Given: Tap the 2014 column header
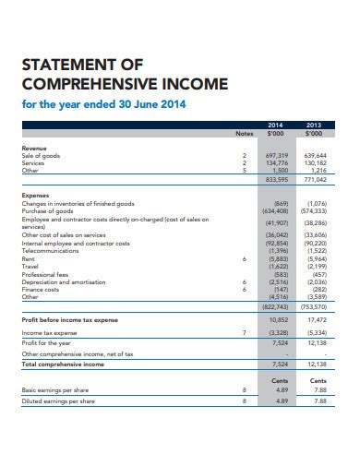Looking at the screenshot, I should tap(276, 124).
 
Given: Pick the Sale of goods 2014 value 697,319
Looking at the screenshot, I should tap(276, 155).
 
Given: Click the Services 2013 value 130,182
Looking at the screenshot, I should tap(317, 162).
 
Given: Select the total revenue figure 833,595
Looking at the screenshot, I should tap(276, 179).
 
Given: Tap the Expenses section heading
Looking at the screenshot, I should tap(36, 197).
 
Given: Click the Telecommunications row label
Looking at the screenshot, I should tap(50, 249).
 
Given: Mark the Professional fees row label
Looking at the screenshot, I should tap(45, 275).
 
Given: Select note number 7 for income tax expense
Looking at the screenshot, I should tap(244, 331).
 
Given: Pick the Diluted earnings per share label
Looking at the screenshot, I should tap(59, 400).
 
